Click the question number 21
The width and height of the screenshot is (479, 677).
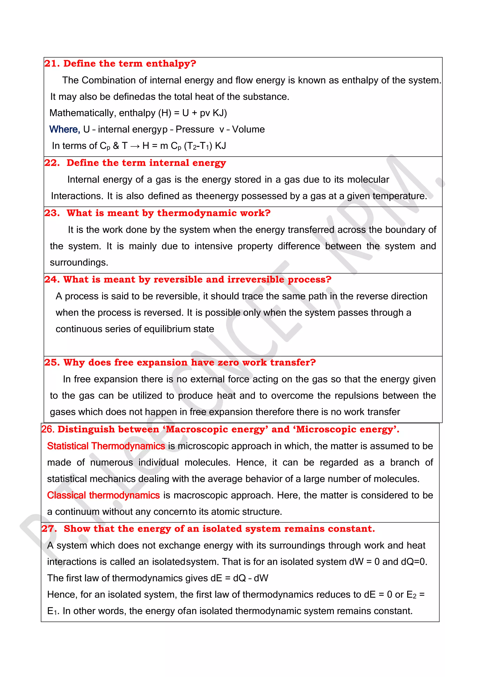(52, 64)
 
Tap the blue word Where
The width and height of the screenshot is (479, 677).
(64, 130)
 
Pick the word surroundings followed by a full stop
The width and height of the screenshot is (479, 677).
(79, 263)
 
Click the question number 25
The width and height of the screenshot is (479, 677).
(52, 362)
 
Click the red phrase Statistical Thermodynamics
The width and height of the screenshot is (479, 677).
(106, 446)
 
